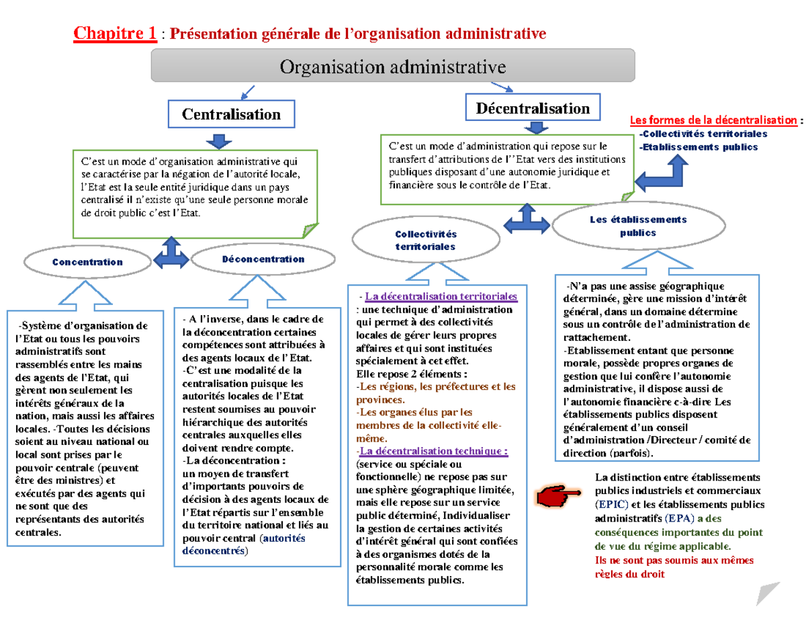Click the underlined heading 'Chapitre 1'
(116, 32)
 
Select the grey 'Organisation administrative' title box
(393, 66)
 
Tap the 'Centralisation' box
(231, 114)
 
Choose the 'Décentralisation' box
(533, 108)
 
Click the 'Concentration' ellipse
(87, 262)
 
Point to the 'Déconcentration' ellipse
(263, 259)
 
